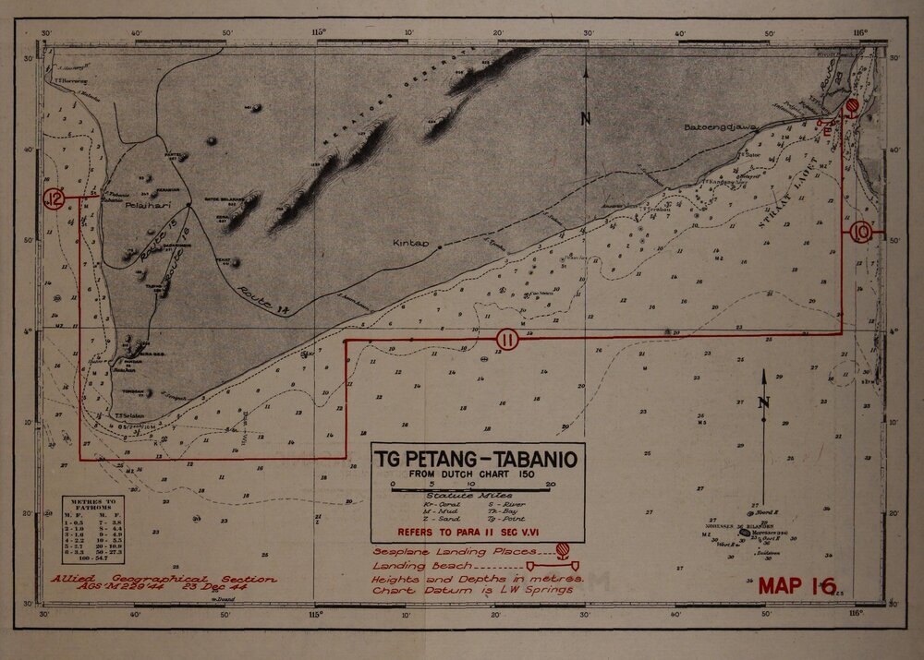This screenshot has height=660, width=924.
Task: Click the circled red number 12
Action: pos(55,199)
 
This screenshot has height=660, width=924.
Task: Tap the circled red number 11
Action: pos(505,340)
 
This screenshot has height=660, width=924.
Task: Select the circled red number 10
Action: pos(861,233)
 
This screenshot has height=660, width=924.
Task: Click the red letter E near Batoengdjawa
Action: pos(829,132)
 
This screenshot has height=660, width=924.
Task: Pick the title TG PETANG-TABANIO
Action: pos(477,459)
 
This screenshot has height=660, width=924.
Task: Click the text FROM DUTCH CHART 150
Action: pos(477,474)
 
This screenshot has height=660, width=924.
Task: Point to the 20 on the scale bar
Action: pos(551,484)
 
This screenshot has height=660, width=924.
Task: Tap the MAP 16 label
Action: pos(796,585)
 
